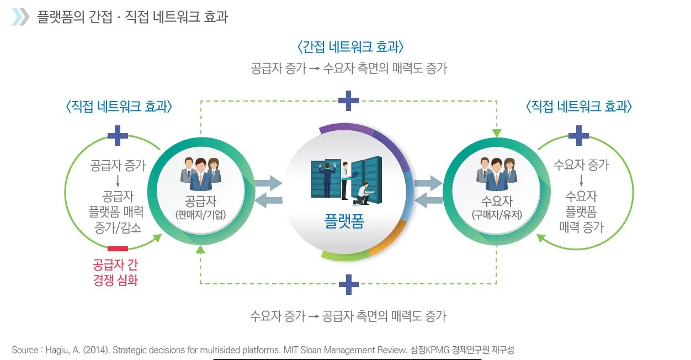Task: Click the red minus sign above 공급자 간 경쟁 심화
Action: (x=118, y=248)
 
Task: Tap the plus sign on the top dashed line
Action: (x=348, y=100)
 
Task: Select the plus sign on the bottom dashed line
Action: (x=348, y=284)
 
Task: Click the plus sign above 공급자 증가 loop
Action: (x=118, y=135)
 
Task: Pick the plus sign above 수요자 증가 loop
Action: (x=578, y=135)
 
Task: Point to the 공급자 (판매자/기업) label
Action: (x=200, y=207)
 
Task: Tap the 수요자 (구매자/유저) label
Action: (x=496, y=207)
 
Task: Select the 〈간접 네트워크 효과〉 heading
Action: (x=348, y=46)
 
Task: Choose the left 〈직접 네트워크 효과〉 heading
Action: (x=119, y=107)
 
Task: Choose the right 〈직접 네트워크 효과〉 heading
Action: (x=578, y=107)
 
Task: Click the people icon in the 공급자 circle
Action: (x=200, y=171)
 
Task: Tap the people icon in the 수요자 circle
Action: (x=496, y=171)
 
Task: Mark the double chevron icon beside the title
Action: (x=20, y=17)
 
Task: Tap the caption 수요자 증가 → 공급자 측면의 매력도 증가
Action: (x=348, y=316)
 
